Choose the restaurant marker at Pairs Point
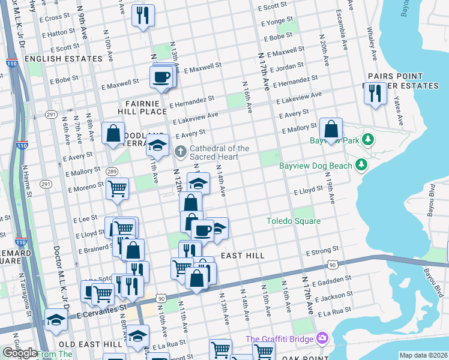tap(375, 94)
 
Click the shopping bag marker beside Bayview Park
tap(331, 129)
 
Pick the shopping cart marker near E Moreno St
tap(117, 188)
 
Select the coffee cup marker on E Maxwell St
tap(161, 77)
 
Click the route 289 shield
tap(111, 171)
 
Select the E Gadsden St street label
tap(333, 279)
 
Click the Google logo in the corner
tap(20, 353)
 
